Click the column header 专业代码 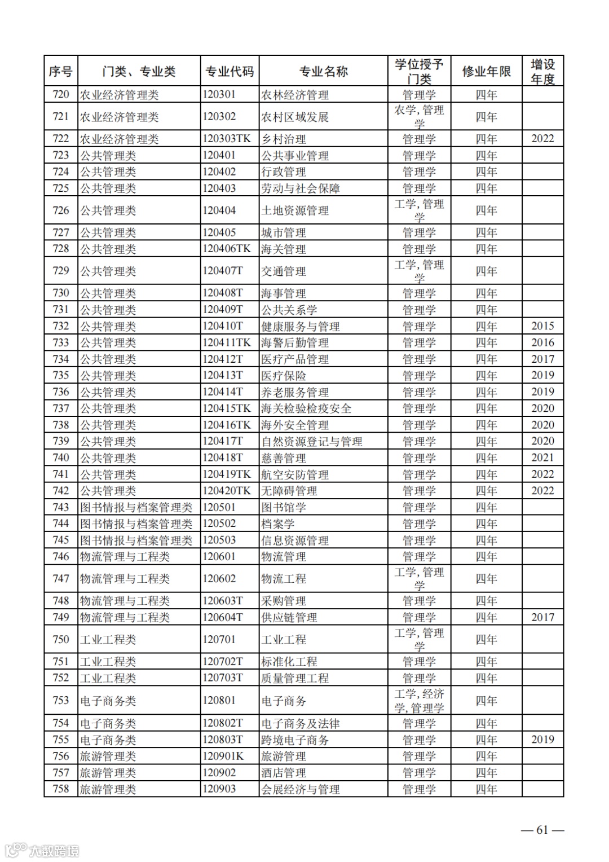tap(229, 72)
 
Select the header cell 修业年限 tap(486, 72)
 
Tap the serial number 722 tap(60, 139)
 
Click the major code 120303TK tap(226, 139)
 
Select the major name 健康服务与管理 tap(301, 327)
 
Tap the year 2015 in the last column tap(542, 326)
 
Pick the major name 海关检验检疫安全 tap(306, 409)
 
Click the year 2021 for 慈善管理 tap(542, 458)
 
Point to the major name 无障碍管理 tap(289, 491)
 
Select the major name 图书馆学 tap(284, 508)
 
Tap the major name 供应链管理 tap(289, 618)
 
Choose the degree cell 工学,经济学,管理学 tap(419, 701)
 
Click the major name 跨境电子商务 tap(295, 740)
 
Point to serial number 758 tap(60, 789)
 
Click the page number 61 tap(542, 830)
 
